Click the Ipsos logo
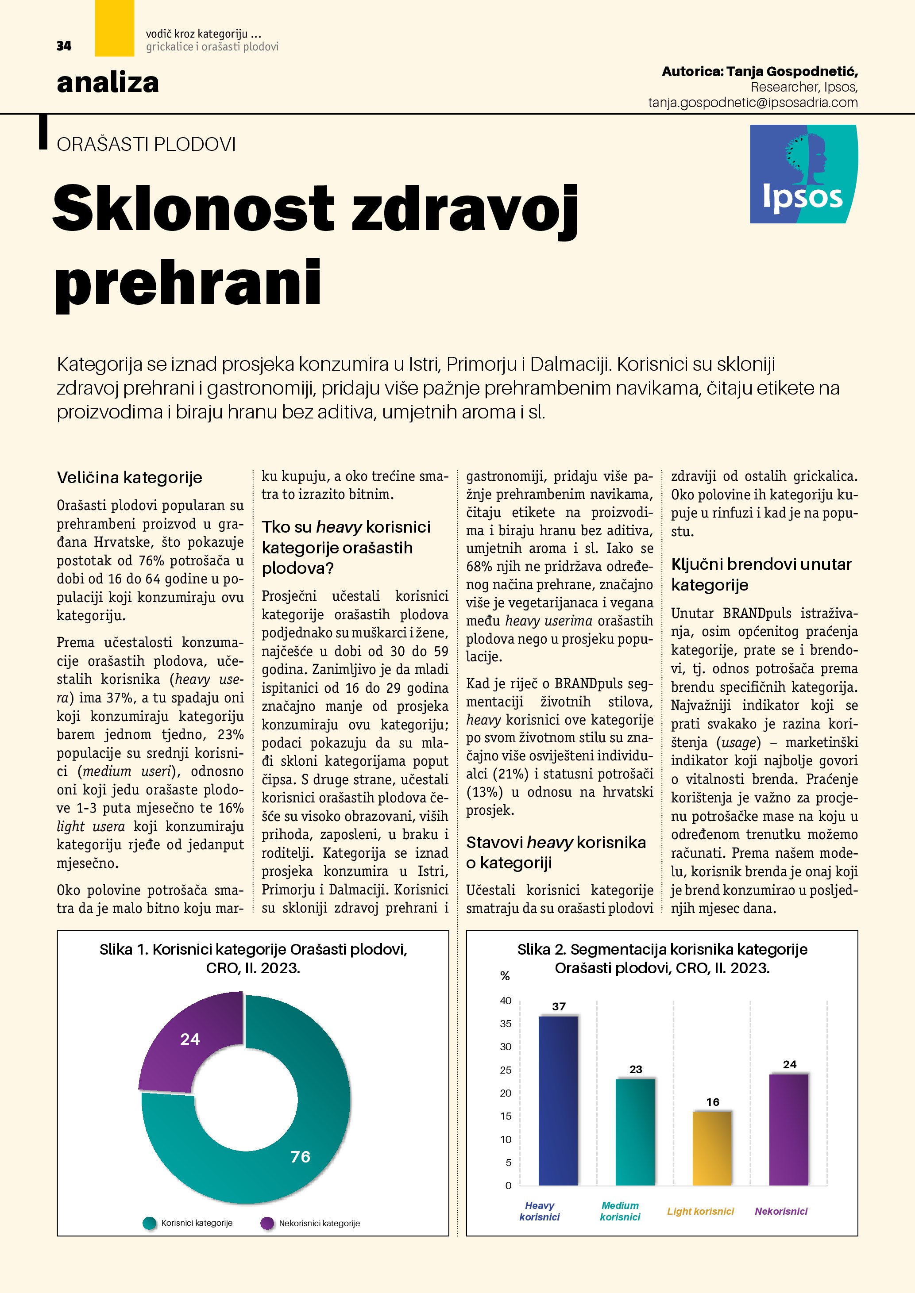(803, 174)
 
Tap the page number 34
(64, 46)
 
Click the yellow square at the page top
(114, 28)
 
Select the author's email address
(753, 103)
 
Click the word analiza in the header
(108, 83)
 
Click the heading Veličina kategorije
(130, 478)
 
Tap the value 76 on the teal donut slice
(300, 1157)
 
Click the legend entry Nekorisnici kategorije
(319, 1223)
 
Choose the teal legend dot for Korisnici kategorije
(149, 1223)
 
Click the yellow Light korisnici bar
(712, 1149)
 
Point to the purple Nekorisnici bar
(789, 1130)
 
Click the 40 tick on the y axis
(506, 1001)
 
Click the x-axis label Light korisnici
(700, 1211)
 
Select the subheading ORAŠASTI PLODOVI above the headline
(146, 145)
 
